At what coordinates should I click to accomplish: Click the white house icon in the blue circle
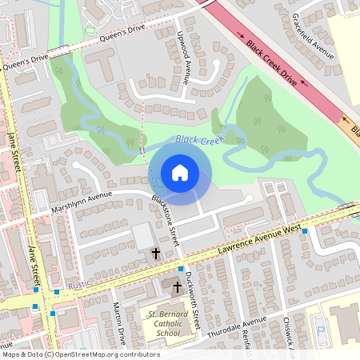[180, 173]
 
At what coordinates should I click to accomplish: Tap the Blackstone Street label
[166, 220]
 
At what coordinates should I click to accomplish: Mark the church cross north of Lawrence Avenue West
[155, 253]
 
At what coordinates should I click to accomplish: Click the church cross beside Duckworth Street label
[177, 286]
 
